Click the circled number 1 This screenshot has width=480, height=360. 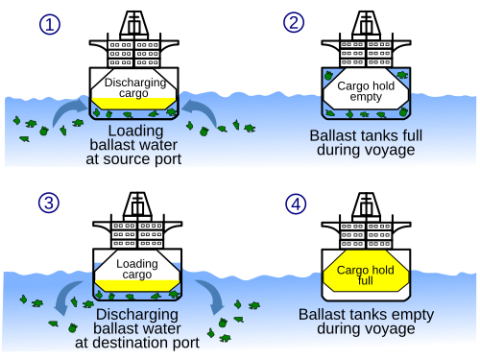(49, 23)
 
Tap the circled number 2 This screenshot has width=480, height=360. (294, 23)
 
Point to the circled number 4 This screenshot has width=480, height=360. (294, 204)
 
